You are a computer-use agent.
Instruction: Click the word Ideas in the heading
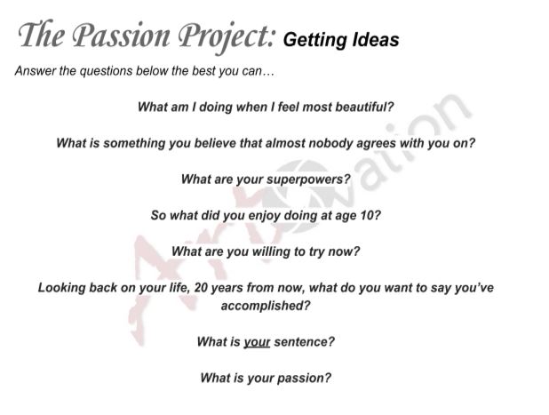coord(375,40)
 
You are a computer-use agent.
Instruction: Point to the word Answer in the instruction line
coord(35,71)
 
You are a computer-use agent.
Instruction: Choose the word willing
coord(256,251)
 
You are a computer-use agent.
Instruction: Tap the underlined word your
coord(256,341)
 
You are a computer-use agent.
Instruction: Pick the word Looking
coord(64,288)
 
